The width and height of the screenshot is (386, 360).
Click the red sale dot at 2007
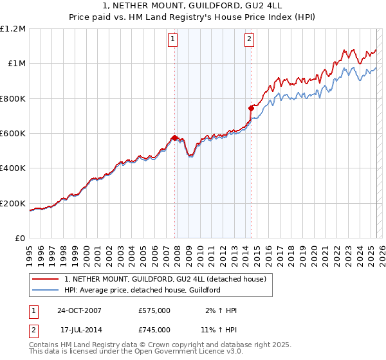tap(174, 138)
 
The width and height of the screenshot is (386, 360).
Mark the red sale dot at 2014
tap(251, 108)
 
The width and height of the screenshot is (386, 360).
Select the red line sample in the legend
tap(45, 278)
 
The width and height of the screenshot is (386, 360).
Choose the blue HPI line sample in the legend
tap(45, 290)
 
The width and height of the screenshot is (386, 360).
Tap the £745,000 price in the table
tap(154, 330)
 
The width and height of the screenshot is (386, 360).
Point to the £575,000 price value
tap(154, 310)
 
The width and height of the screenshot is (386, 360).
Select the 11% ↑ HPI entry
tap(219, 330)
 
